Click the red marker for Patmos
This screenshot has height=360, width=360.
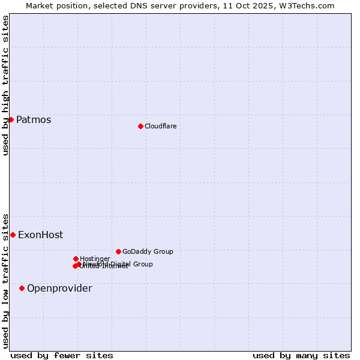click(x=11, y=119)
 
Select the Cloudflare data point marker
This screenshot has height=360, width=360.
click(x=140, y=126)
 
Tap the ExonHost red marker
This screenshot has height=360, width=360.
click(x=13, y=235)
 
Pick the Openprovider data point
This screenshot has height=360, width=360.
click(x=22, y=288)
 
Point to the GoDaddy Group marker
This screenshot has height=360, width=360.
click(x=118, y=251)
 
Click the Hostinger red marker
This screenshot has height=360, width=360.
click(x=76, y=259)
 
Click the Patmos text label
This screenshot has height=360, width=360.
click(x=34, y=119)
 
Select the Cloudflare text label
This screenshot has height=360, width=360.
click(x=161, y=126)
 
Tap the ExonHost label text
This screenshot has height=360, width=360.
click(x=40, y=235)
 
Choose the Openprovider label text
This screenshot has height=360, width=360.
click(x=59, y=289)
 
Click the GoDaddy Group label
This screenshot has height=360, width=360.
click(x=148, y=251)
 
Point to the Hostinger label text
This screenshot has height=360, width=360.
click(x=95, y=259)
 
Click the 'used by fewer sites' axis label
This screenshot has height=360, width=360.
click(x=62, y=355)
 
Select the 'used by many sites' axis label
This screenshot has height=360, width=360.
click(x=301, y=355)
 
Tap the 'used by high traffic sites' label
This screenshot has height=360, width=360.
click(x=5, y=85)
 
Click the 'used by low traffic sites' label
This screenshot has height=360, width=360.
click(x=5, y=281)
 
